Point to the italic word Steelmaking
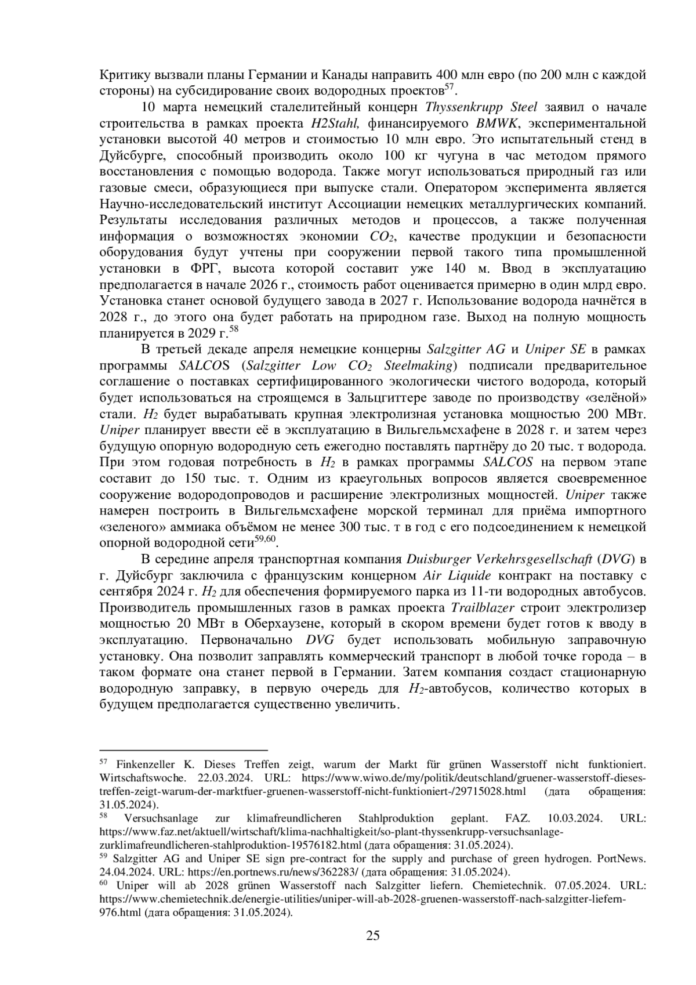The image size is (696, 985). pyautogui.click(x=418, y=365)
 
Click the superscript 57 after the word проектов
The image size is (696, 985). pyautogui.click(x=449, y=88)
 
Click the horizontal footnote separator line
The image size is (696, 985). pyautogui.click(x=183, y=749)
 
